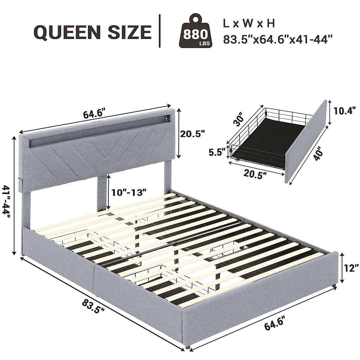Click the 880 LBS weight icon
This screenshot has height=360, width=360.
(196, 31)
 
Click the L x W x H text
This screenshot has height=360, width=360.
(249, 24)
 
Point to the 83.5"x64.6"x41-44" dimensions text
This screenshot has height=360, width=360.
(278, 40)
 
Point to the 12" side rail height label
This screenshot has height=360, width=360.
(351, 268)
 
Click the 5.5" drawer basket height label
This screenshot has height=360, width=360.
(217, 152)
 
